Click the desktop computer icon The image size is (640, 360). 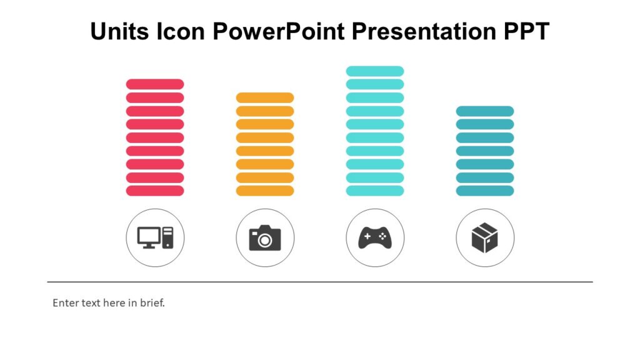coord(155,237)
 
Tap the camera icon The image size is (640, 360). coord(265,237)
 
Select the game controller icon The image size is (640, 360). coord(375,237)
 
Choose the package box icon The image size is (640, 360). coord(485,238)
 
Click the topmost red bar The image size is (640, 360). coord(155,84)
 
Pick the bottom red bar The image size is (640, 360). coord(155,191)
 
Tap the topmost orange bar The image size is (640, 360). coord(265,97)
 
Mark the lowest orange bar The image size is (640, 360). coord(265,191)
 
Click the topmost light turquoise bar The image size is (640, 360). coord(375,71)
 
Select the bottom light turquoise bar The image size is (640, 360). coord(375,191)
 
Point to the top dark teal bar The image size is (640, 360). coord(485,111)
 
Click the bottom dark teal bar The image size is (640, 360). coord(485,191)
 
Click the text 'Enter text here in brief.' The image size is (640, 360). coord(109,303)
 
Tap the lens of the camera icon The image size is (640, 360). coord(266,240)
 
